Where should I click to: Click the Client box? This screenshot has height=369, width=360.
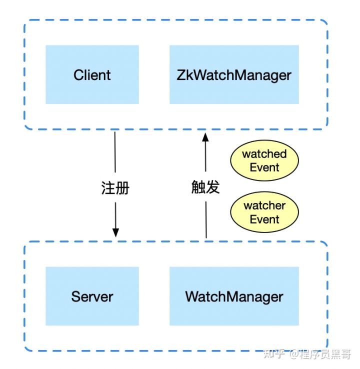92,74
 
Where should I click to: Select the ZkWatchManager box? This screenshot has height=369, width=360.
234,74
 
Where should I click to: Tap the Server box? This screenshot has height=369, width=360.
92,296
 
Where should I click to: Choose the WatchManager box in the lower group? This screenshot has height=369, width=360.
234,296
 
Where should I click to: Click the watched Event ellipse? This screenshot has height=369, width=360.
264,160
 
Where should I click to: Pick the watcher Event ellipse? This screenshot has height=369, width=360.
264,212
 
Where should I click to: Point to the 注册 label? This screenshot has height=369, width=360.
115,188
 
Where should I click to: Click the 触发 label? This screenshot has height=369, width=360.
205,187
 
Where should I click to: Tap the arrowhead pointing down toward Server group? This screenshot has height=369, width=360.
115,232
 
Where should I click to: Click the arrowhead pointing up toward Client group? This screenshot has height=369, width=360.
205,137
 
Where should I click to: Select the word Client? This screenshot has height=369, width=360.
92,75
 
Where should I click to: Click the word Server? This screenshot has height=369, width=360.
92,296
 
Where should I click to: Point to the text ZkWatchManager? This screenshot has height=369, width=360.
234,75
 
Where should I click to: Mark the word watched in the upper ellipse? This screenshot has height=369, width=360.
264,154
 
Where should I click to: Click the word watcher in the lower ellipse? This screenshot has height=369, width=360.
264,205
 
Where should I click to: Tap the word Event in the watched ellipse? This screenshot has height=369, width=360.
264,167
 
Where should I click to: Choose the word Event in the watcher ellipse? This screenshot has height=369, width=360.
264,219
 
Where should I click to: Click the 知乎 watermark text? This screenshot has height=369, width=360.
274,354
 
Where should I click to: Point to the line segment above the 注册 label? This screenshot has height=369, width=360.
115,152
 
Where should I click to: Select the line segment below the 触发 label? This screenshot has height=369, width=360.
206,220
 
